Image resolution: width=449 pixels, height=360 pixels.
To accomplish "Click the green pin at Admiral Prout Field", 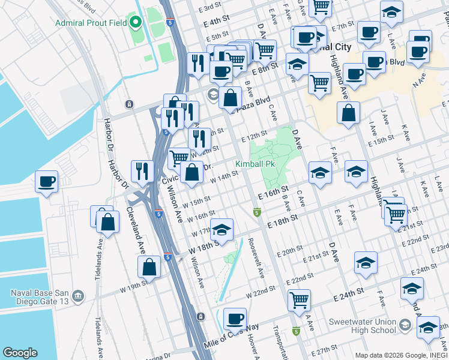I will [136, 23].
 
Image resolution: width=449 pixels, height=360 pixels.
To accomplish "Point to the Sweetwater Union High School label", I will [363, 326].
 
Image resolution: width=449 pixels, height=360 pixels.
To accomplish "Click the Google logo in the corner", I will [20, 353].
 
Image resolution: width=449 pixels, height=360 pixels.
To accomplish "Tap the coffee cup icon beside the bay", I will [46, 181].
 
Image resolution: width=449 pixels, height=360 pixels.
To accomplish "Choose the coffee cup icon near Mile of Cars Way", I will [235, 319].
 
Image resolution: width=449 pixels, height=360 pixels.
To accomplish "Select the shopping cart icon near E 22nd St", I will [299, 300].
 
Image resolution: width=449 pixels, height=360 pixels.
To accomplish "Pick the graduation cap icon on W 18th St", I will [221, 230].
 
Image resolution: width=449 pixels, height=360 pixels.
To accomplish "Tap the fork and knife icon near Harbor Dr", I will [142, 170].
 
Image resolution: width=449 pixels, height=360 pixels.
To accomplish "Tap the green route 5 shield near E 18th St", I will [257, 212].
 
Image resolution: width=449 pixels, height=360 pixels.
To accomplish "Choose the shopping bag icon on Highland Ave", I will [348, 113].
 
